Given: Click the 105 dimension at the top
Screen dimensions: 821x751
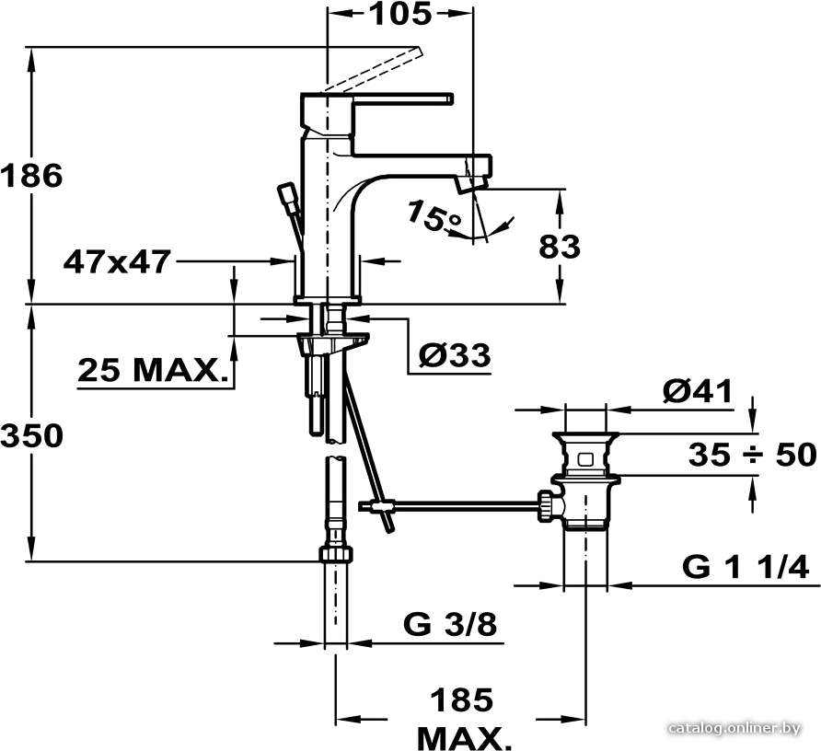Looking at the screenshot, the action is [401, 14].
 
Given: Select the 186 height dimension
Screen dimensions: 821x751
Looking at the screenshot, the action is [31, 176].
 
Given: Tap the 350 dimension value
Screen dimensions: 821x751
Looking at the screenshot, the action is [31, 435].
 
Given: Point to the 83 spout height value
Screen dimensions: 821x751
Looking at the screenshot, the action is [560, 246].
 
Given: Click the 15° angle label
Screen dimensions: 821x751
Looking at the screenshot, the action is [434, 215].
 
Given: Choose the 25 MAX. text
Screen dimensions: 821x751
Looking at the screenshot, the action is [154, 370].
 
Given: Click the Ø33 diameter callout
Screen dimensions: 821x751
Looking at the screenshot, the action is [455, 355].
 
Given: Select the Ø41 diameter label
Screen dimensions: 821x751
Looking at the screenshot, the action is [698, 391].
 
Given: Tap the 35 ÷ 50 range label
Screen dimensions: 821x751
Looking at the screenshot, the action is [752, 454].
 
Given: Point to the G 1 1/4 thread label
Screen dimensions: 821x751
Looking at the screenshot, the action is [746, 566].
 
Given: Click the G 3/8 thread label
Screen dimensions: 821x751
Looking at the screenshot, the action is [450, 624].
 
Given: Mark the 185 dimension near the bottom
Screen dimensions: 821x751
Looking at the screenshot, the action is [462, 699].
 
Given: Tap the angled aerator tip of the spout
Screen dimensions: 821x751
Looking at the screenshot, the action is [471, 184].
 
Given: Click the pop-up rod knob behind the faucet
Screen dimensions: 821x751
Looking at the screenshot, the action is [288, 195].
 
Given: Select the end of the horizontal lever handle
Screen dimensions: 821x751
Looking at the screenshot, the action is [449, 99].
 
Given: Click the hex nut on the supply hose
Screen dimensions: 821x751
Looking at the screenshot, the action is [336, 554].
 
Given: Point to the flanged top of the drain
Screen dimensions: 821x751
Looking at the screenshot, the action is [585, 435].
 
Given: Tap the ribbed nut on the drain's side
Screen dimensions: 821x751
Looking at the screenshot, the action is [545, 506].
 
